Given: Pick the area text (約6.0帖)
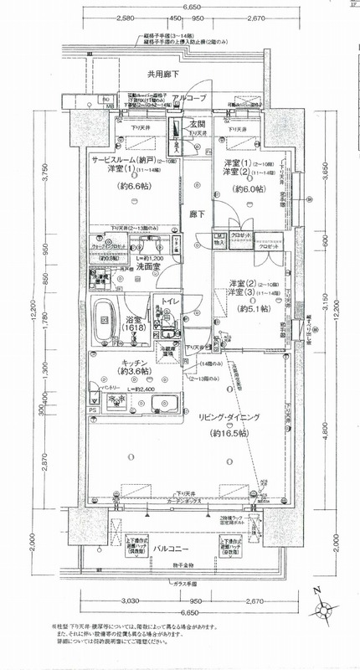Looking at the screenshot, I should click(x=247, y=190).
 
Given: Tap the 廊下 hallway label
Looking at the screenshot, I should click(x=197, y=214).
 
